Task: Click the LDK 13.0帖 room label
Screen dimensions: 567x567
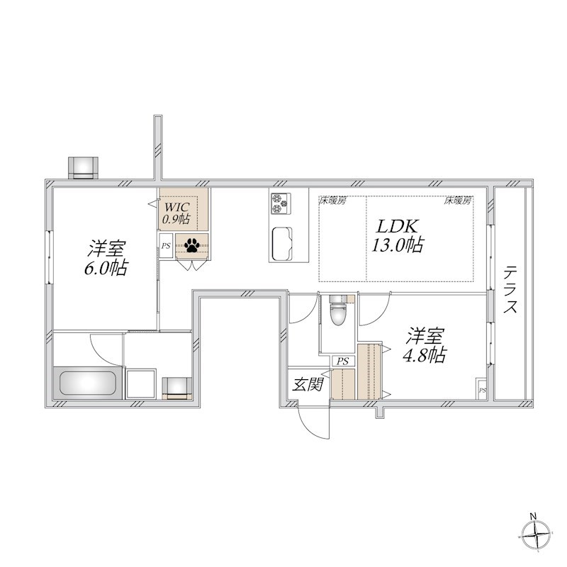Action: [398, 236]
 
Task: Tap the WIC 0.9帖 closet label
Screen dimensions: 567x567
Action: [176, 213]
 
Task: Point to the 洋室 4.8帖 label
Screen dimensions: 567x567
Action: [425, 345]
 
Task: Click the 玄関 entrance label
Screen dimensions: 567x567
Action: [308, 384]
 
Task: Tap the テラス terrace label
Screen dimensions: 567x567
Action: [510, 289]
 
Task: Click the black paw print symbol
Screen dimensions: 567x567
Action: [191, 245]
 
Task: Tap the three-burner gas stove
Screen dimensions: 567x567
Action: [281, 203]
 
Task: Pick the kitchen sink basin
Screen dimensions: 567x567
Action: [282, 244]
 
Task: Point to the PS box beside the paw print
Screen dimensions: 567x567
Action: [166, 246]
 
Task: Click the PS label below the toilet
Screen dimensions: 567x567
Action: [342, 361]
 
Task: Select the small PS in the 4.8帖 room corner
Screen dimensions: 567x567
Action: [482, 388]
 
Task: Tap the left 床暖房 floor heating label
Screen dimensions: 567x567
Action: [332, 201]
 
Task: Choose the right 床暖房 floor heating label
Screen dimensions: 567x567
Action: [458, 201]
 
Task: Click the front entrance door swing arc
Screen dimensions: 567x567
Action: [308, 427]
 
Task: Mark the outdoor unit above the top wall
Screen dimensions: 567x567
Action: [83, 168]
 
